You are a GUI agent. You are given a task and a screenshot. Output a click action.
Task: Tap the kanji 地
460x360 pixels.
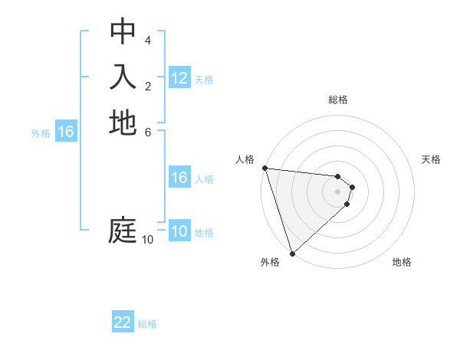pos(123,123)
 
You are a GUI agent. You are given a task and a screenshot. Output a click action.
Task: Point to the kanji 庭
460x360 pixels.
pos(123,231)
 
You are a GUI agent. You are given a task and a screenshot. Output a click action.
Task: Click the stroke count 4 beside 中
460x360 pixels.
pos(148,40)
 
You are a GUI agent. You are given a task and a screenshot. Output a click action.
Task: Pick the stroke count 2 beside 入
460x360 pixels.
pos(148,86)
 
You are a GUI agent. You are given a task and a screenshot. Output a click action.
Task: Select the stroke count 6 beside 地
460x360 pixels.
pos(148,132)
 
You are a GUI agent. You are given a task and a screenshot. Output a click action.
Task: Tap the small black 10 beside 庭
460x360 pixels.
pos(147,240)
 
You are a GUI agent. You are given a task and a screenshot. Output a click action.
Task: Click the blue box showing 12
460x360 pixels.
pos(179,78)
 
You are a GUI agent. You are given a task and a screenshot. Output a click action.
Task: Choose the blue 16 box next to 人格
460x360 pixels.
pos(179,178)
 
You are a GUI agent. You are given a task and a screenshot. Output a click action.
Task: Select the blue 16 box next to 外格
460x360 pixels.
pos(66,133)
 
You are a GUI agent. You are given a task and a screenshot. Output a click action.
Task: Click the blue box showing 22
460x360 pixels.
pos(123,322)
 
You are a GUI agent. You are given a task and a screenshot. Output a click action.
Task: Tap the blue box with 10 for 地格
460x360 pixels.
pos(179,231)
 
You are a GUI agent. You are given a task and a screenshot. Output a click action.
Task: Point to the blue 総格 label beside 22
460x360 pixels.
pos(147,324)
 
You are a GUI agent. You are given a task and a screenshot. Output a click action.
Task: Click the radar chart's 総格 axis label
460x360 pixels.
pos(338,100)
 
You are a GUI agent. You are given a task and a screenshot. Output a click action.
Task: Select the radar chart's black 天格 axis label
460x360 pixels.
pos(432,159)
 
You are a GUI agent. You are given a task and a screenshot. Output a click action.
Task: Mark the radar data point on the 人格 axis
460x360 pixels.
pos(264,168)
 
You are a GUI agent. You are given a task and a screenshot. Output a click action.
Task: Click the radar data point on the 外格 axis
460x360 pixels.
pos(292,252)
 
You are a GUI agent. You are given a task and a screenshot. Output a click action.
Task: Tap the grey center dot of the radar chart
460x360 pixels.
pos(338,191)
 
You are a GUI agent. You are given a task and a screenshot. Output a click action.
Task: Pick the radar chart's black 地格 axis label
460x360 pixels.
pos(402,262)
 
